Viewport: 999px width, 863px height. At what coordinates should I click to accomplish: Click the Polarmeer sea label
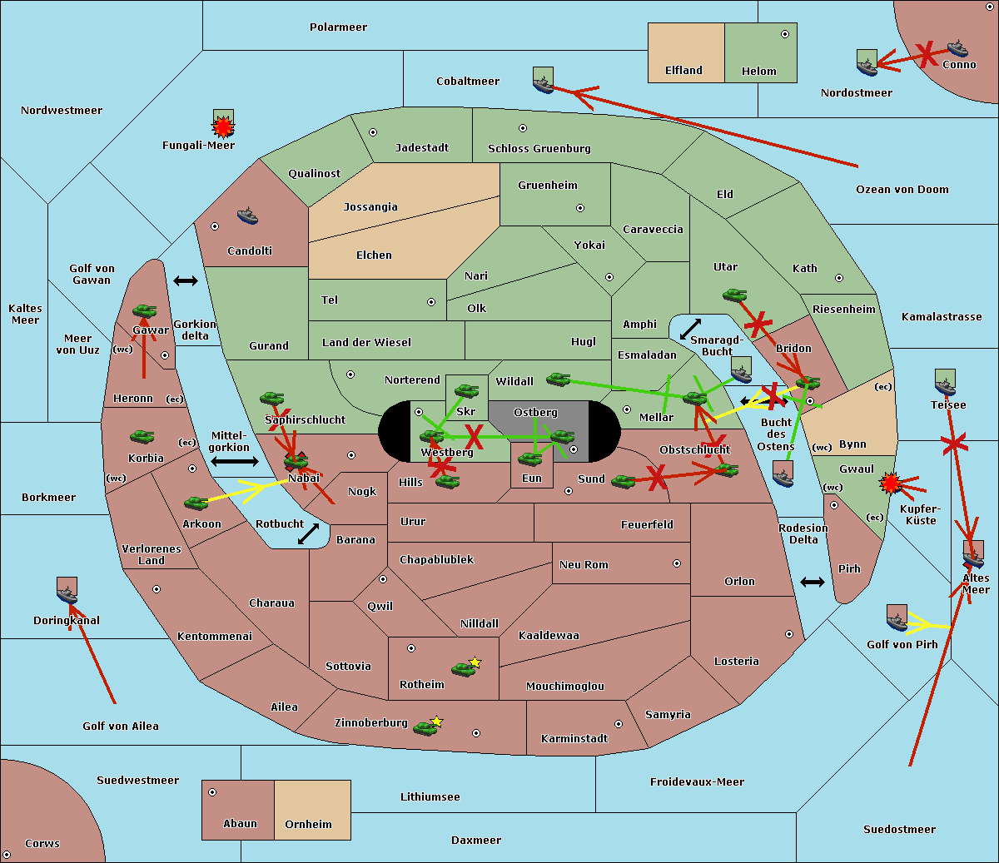coord(338,27)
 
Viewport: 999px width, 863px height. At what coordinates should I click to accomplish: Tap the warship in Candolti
coord(247,216)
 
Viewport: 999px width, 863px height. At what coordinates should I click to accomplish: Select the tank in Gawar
coord(145,310)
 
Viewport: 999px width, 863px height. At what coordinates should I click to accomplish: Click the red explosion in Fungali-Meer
coord(223,126)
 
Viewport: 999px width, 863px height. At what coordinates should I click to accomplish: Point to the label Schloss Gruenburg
coord(539,148)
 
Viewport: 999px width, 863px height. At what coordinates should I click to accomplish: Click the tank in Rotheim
coord(464,669)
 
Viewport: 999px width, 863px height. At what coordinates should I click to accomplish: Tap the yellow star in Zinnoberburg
coord(436,722)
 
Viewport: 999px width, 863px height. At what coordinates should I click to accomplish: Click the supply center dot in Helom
coord(785,34)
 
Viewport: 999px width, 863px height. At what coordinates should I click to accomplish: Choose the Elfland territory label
coord(683,71)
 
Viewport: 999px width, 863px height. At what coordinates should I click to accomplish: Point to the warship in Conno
coord(957,48)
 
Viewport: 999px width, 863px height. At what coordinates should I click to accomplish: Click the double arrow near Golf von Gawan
coord(186,280)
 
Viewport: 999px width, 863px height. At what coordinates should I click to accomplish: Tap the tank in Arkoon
coord(196,503)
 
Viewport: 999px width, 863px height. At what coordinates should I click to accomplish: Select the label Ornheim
coord(308,824)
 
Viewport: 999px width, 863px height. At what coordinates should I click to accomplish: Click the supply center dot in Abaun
coord(212,792)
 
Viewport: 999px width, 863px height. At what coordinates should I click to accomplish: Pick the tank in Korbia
coord(142,437)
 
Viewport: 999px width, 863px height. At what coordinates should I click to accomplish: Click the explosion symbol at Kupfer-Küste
coord(890,484)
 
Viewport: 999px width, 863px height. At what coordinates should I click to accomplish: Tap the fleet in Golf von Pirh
coord(897,617)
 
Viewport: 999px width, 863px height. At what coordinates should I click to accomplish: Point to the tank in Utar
coord(734,295)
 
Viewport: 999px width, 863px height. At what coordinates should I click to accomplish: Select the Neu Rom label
coord(584,564)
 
